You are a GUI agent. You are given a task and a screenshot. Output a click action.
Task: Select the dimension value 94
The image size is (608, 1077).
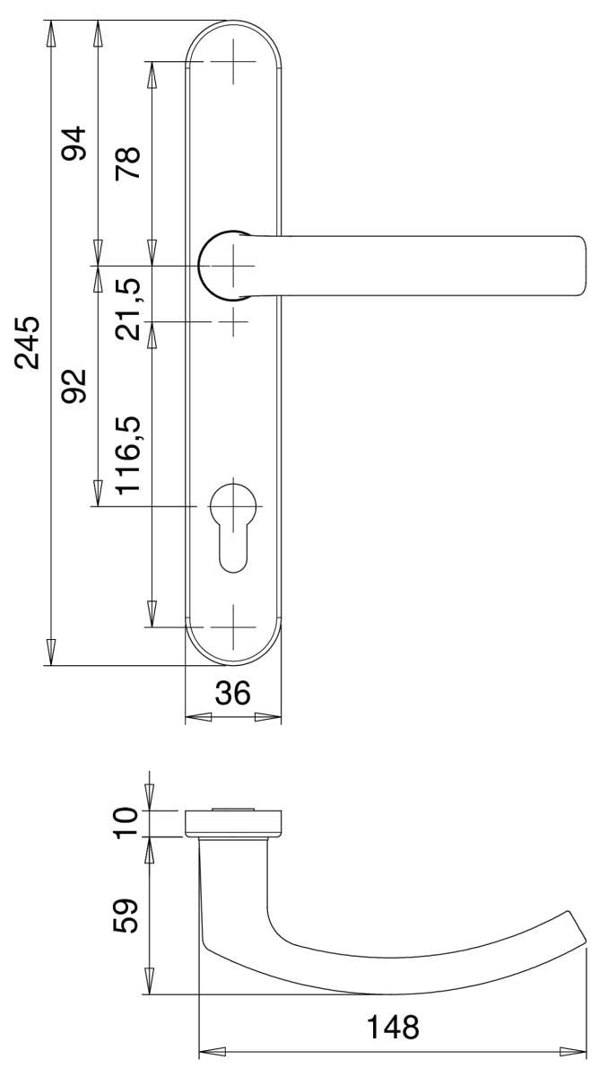[x=74, y=144]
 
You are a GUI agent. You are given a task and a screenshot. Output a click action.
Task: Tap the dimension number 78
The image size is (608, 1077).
[x=128, y=162]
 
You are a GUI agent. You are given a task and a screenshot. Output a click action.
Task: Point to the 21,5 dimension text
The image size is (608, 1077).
[x=128, y=309]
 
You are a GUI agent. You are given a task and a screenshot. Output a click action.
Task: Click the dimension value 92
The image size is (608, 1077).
[x=74, y=385]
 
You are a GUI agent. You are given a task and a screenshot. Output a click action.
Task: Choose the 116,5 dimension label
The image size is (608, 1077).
[x=128, y=455]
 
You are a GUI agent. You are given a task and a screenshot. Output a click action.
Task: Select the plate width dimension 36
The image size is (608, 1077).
[x=233, y=693]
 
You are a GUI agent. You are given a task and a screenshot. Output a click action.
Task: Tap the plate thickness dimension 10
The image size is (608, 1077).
[x=126, y=823]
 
